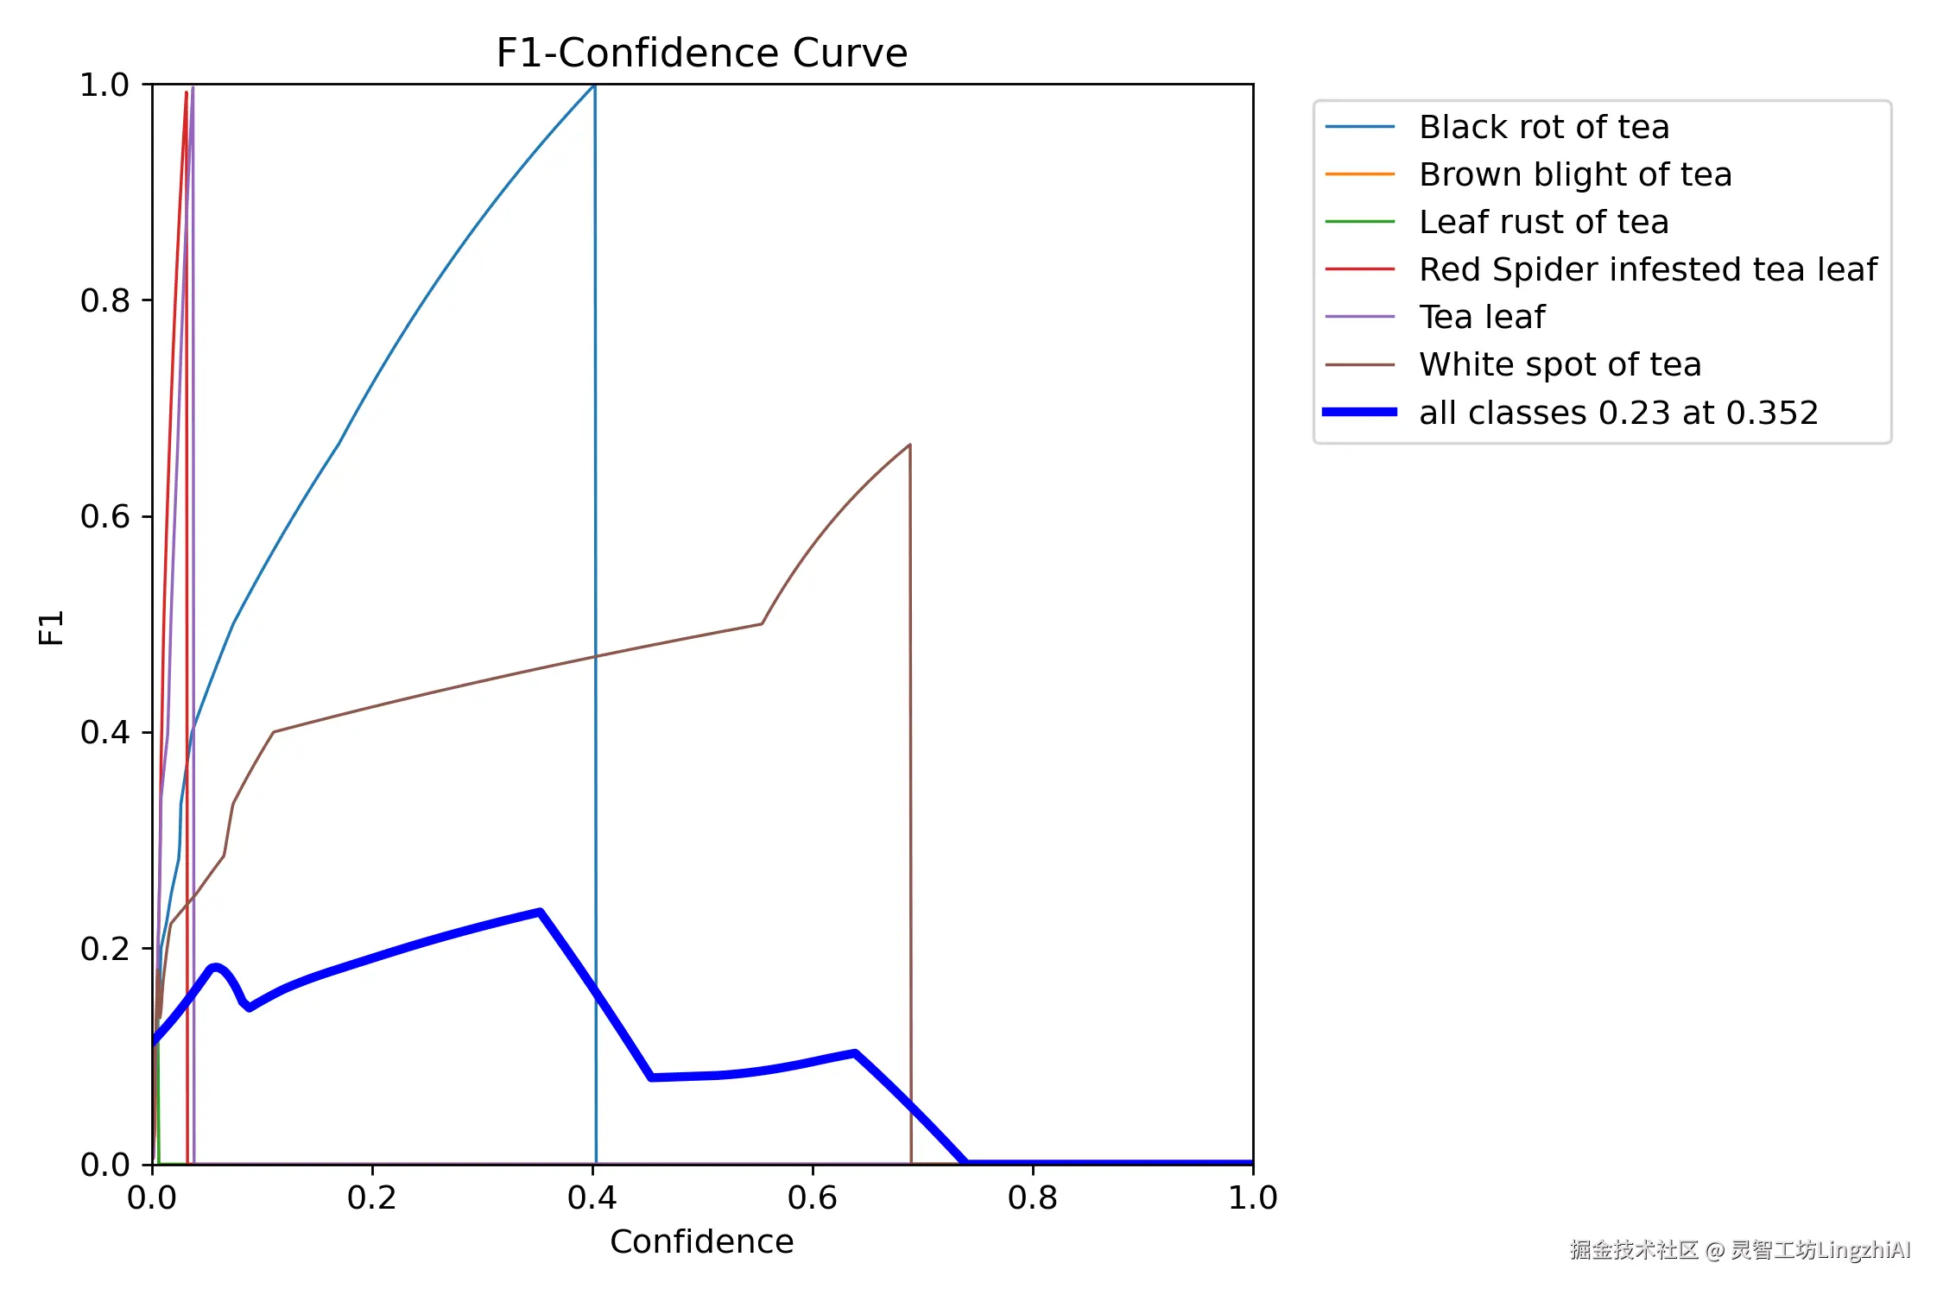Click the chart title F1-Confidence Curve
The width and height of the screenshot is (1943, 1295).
tap(701, 54)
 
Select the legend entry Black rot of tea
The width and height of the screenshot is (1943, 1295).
tap(1543, 128)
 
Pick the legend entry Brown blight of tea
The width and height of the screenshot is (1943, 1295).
tap(1574, 175)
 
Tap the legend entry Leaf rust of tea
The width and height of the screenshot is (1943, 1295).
tap(1543, 223)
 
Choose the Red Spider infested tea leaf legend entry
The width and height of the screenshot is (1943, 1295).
tap(1647, 270)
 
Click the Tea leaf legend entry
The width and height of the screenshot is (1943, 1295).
tap(1481, 318)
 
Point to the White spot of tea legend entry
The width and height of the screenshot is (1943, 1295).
tap(1560, 365)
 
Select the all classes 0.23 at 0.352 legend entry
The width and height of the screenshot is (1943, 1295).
tap(1617, 414)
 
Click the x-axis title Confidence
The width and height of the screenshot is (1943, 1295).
tap(701, 1241)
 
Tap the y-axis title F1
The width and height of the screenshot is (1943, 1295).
tap(52, 627)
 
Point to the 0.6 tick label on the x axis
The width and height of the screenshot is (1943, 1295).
tap(813, 1198)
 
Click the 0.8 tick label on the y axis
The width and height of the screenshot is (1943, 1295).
tap(104, 301)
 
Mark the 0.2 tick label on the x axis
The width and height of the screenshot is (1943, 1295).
tap(372, 1198)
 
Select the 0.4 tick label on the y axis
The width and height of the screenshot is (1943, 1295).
tap(104, 733)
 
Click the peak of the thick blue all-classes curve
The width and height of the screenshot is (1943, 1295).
tap(540, 912)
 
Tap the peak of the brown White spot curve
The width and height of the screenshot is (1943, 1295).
tap(909, 445)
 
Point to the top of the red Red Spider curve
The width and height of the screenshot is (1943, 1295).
tap(186, 93)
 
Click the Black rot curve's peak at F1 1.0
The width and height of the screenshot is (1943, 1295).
tap(593, 85)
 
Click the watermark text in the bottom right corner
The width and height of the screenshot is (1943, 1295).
tap(1739, 1250)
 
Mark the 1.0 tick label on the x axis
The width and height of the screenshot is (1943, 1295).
tap(1252, 1198)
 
